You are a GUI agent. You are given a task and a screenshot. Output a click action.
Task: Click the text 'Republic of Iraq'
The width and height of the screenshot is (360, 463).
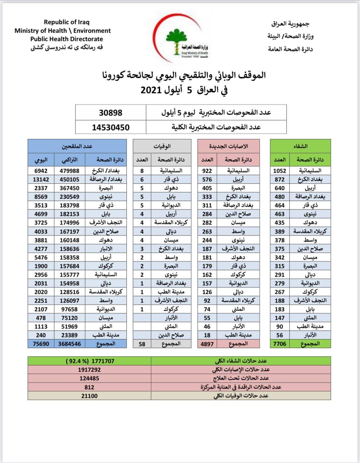(67, 22)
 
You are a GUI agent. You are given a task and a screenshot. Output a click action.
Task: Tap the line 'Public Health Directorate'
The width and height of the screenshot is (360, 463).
(67, 39)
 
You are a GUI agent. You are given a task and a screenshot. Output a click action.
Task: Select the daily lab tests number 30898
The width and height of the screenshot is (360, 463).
(110, 113)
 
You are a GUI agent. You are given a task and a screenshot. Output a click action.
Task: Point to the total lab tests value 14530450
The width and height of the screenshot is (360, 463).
(110, 127)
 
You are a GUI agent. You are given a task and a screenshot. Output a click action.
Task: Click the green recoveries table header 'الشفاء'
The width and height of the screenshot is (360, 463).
(300, 146)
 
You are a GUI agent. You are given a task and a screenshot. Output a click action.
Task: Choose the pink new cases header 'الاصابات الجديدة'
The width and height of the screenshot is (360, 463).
(228, 146)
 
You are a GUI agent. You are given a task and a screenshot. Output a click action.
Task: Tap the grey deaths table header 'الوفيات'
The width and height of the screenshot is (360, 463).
(162, 146)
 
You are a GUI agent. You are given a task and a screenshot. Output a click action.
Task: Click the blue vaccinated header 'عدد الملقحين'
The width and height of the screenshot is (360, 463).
(77, 146)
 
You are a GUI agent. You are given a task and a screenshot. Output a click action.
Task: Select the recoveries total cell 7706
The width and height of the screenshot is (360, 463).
(279, 344)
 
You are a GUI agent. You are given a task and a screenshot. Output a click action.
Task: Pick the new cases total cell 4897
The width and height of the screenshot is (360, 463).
(207, 344)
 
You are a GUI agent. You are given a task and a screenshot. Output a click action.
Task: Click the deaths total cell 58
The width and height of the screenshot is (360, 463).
(142, 344)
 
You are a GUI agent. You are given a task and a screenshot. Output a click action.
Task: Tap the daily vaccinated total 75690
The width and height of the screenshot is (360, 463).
(41, 344)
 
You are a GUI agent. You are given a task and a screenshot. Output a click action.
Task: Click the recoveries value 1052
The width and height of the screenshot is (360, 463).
(279, 171)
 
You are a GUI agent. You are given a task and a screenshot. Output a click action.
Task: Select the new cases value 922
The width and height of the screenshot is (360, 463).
(207, 171)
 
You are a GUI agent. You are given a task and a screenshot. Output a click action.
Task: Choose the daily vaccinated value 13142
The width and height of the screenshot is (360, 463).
(41, 179)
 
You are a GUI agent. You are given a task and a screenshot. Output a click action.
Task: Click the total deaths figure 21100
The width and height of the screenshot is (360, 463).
(89, 396)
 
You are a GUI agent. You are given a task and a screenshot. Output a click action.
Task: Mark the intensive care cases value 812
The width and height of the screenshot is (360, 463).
(89, 387)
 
